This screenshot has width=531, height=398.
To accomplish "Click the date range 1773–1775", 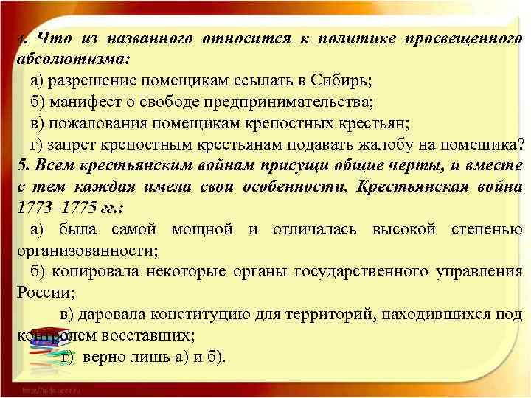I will point(50,207).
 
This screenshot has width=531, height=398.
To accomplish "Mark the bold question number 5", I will point(21,165).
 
